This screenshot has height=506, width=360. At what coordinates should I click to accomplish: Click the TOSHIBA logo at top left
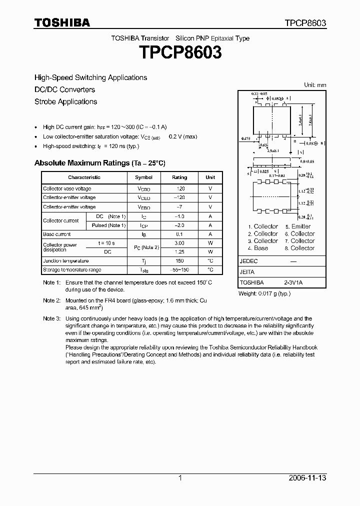coord(62,23)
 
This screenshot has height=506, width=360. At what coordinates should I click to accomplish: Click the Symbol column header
coord(143,177)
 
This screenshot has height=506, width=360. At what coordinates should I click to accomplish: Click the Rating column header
coord(179,177)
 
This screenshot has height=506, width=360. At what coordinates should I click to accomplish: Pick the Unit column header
coord(210,177)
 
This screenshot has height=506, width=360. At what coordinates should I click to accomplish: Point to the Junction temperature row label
coord(65,261)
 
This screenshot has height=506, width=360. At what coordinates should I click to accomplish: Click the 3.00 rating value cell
coord(179,243)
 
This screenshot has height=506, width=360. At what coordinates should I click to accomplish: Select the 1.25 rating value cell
coord(179,252)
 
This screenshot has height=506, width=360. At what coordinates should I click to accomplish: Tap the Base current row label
coord(56,234)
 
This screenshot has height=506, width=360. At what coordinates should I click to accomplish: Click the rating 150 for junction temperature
coord(179,261)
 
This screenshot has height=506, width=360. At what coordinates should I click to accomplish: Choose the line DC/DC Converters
coord(64,89)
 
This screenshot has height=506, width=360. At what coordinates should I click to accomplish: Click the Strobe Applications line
coord(65,101)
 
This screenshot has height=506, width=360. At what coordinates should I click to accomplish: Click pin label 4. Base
coord(258,248)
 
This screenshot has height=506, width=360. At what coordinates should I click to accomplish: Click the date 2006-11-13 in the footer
coord(308,478)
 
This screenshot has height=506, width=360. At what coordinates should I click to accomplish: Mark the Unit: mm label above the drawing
coord(315,85)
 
